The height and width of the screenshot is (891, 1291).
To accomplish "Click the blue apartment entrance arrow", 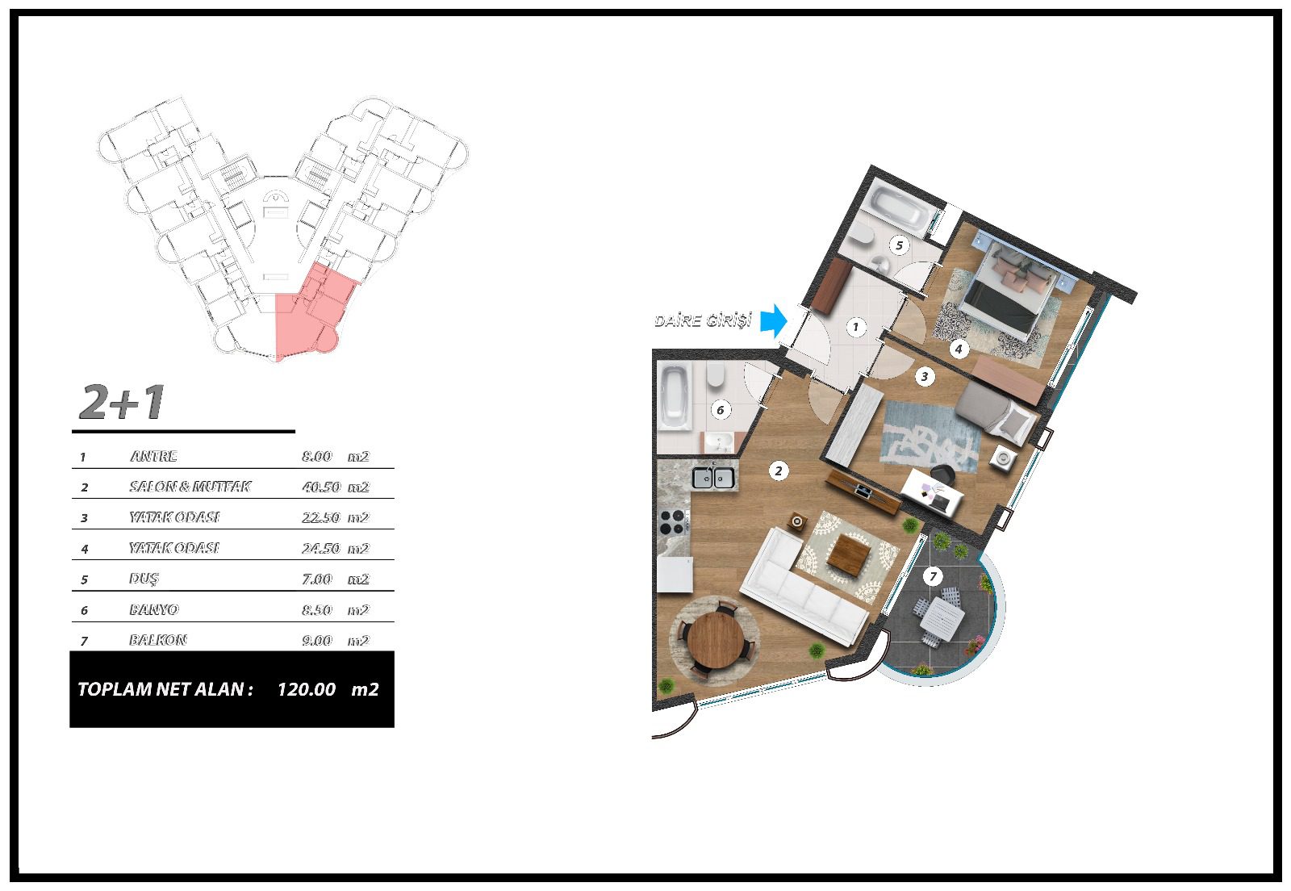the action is [774, 321].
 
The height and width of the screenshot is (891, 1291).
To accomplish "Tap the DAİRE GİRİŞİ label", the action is [703, 320].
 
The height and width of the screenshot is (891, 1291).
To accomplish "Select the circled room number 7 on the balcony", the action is [933, 575].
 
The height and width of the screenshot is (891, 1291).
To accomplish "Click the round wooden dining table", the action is [716, 639].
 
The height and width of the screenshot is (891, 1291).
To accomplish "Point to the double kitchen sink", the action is [713, 478].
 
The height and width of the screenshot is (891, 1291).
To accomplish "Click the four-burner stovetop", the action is [672, 522].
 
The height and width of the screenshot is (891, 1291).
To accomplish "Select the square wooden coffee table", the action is [849, 554].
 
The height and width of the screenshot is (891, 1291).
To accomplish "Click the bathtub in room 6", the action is [675, 395].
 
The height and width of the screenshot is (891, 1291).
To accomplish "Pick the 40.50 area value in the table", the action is [321, 487].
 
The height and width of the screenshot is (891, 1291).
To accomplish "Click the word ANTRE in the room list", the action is [153, 457].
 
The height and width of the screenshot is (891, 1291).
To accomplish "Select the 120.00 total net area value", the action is [307, 689].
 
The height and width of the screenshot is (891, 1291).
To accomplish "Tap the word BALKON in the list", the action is [158, 640].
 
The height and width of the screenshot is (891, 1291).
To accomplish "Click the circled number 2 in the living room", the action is [778, 471].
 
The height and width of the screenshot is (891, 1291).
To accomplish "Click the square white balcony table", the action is [942, 616].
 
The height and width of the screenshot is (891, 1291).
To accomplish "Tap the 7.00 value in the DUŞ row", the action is [317, 579].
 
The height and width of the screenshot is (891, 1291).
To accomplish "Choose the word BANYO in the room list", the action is [154, 609].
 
